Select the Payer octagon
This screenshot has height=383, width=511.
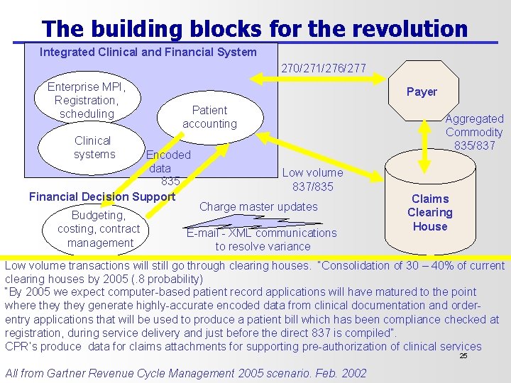pos(422,91)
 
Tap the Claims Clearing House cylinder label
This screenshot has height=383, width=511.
pos(429,212)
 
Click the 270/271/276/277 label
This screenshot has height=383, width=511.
pos(324,69)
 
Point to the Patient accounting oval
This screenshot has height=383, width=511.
pos(209,117)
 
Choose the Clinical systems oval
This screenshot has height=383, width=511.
pos(93,148)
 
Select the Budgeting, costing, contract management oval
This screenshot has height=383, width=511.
pos(99,228)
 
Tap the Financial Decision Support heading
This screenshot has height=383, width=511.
pos(101,196)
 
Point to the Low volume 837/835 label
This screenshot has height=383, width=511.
pos(312,179)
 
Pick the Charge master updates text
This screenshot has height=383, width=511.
pos(258,206)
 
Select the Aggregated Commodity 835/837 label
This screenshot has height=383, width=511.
pos(474,132)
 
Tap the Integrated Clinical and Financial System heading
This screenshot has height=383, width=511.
pos(148,52)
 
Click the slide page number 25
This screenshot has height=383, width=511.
pos(463,356)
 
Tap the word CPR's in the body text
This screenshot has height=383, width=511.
pos(21,346)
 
